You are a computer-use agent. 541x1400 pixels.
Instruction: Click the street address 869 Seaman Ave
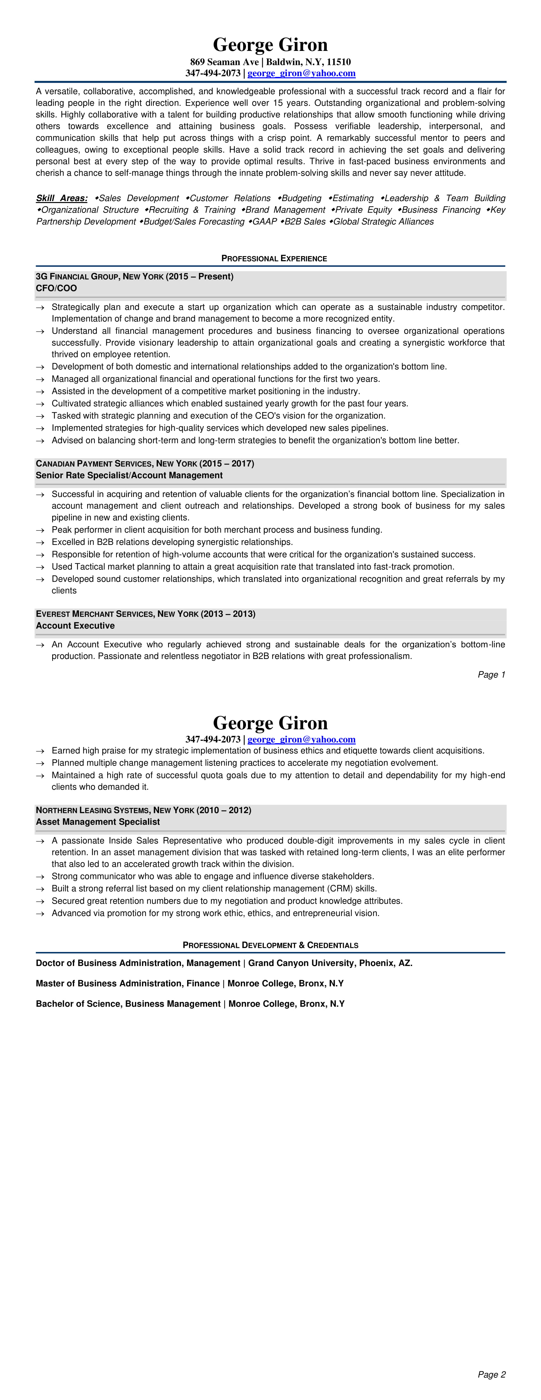[224, 62]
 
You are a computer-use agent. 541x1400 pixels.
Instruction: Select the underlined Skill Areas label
[61, 198]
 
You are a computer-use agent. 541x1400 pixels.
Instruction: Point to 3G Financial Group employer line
[134, 276]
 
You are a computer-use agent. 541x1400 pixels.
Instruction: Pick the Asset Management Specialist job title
[98, 822]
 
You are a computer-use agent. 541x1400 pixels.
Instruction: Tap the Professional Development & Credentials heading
[270, 945]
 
